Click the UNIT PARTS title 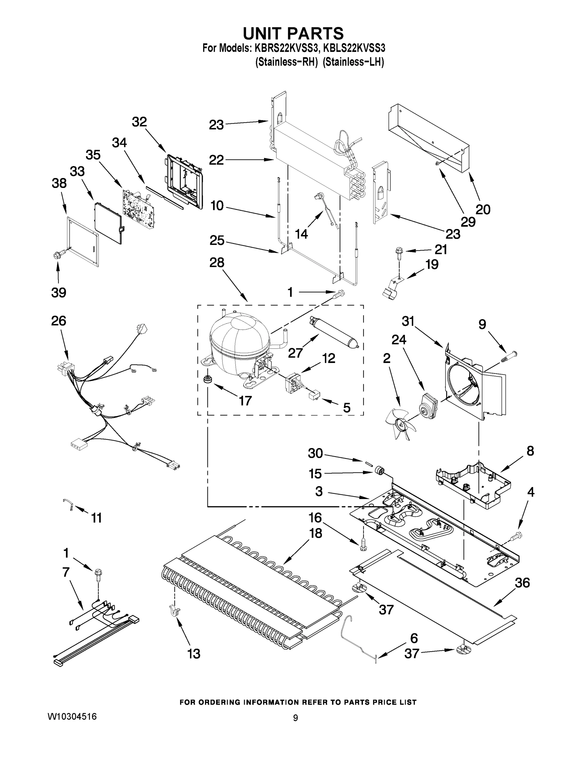pyautogui.click(x=293, y=34)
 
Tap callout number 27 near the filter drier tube pyautogui.click(x=295, y=353)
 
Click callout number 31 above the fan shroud pyautogui.click(x=408, y=321)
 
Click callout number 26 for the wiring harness pyautogui.click(x=58, y=321)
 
